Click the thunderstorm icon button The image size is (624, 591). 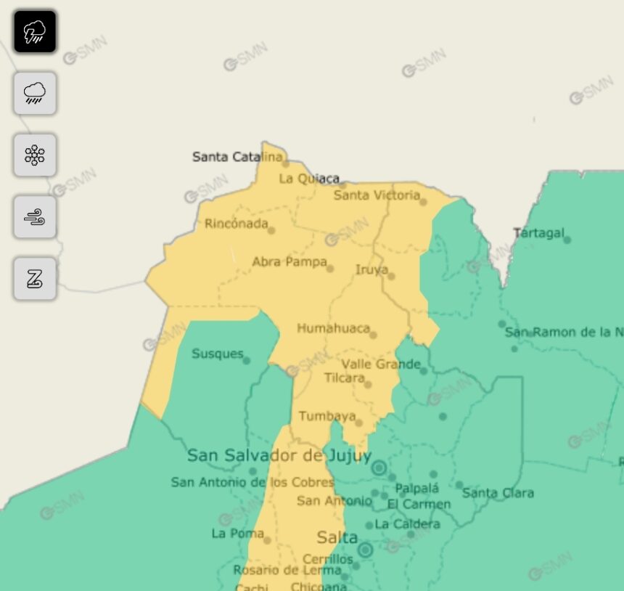coord(35,32)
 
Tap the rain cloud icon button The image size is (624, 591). coord(35,94)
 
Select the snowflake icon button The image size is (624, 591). coord(35,155)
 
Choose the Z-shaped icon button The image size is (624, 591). coord(35,279)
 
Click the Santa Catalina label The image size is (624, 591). coord(237,157)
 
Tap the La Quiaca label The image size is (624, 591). coord(309,179)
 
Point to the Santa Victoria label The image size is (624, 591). coord(377,195)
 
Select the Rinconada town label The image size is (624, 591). coord(237,224)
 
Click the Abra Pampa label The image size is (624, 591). coord(290,262)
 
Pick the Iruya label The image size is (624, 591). coord(371,270)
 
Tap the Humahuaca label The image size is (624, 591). coord(333,328)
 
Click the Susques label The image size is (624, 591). coord(218,354)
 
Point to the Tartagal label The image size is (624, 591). coord(538,233)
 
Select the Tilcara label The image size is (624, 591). coord(344,378)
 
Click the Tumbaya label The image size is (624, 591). coord(327,416)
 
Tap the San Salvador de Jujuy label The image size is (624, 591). coord(279,456)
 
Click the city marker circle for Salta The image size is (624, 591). coord(365,550)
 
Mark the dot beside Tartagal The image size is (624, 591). coord(567,240)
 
